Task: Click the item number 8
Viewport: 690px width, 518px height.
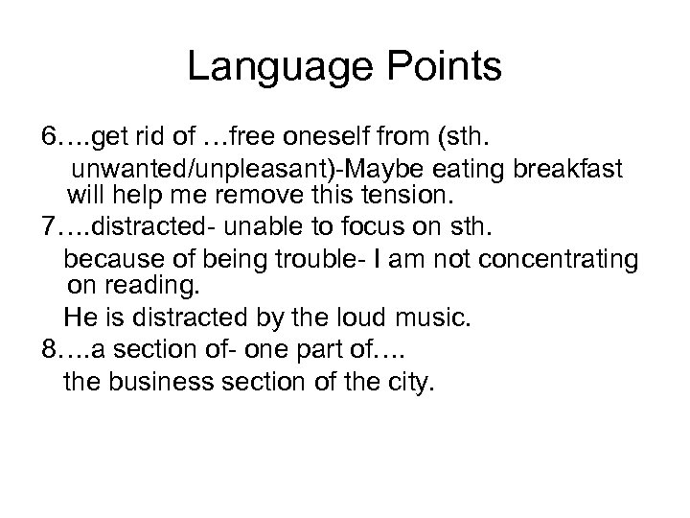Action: [x=51, y=350]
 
